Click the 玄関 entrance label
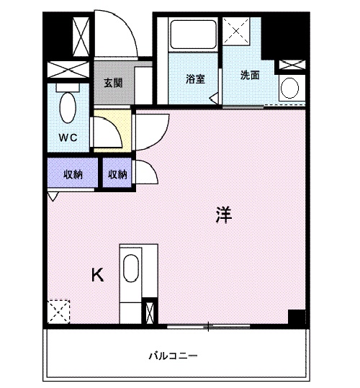click(x=113, y=82)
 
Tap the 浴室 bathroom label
click(x=194, y=79)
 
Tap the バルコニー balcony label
click(x=173, y=356)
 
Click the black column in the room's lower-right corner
click(x=296, y=317)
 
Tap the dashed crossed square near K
click(x=59, y=312)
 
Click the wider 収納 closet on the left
click(x=71, y=173)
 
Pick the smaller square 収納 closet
click(x=118, y=173)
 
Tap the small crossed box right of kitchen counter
click(x=149, y=312)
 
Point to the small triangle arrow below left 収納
click(x=53, y=194)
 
